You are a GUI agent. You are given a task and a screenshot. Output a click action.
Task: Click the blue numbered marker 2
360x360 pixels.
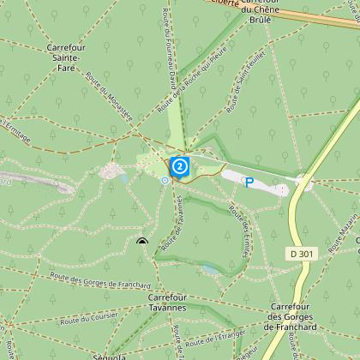[x=179, y=165]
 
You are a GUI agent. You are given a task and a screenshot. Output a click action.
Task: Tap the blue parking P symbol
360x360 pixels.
[x=249, y=182]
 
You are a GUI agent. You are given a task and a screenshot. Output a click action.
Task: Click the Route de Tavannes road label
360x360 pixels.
[x=182, y=215]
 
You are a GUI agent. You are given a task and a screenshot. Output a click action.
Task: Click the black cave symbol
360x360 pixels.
[x=141, y=243]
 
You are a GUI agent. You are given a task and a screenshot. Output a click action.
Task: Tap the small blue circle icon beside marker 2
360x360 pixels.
[x=165, y=180]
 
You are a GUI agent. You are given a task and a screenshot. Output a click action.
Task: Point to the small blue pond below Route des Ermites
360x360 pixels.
[x=210, y=269]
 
